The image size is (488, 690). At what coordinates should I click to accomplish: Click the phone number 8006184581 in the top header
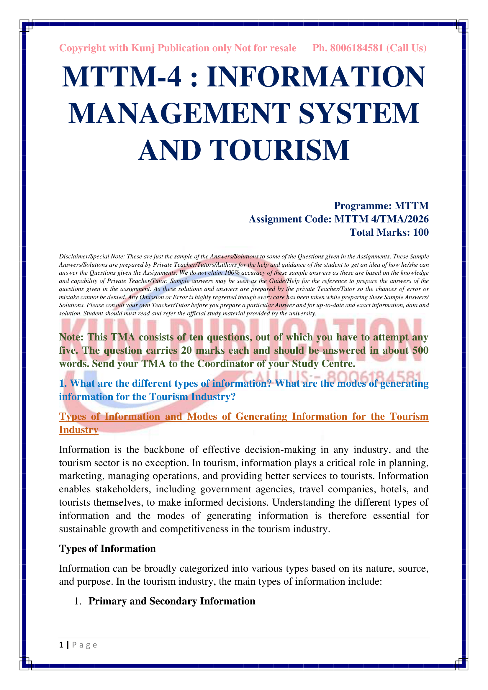click(x=356, y=48)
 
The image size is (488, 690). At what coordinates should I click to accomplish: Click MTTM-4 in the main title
click(x=122, y=77)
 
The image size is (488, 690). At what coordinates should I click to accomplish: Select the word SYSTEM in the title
click(x=359, y=113)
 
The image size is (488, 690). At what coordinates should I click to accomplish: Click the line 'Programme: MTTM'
click(x=381, y=206)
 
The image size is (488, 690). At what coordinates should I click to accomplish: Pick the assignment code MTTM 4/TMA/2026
click(x=381, y=219)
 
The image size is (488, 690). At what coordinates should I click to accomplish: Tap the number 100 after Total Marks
click(x=420, y=232)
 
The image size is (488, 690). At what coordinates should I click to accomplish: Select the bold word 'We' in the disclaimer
click(x=184, y=273)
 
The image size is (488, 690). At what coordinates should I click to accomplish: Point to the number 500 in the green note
click(x=420, y=350)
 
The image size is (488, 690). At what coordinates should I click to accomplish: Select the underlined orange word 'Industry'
click(x=78, y=430)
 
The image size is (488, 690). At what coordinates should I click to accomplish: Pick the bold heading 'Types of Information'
click(x=107, y=549)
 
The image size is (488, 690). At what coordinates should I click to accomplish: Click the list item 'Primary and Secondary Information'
click(x=172, y=601)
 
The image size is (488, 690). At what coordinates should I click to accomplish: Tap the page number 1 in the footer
click(x=61, y=645)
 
